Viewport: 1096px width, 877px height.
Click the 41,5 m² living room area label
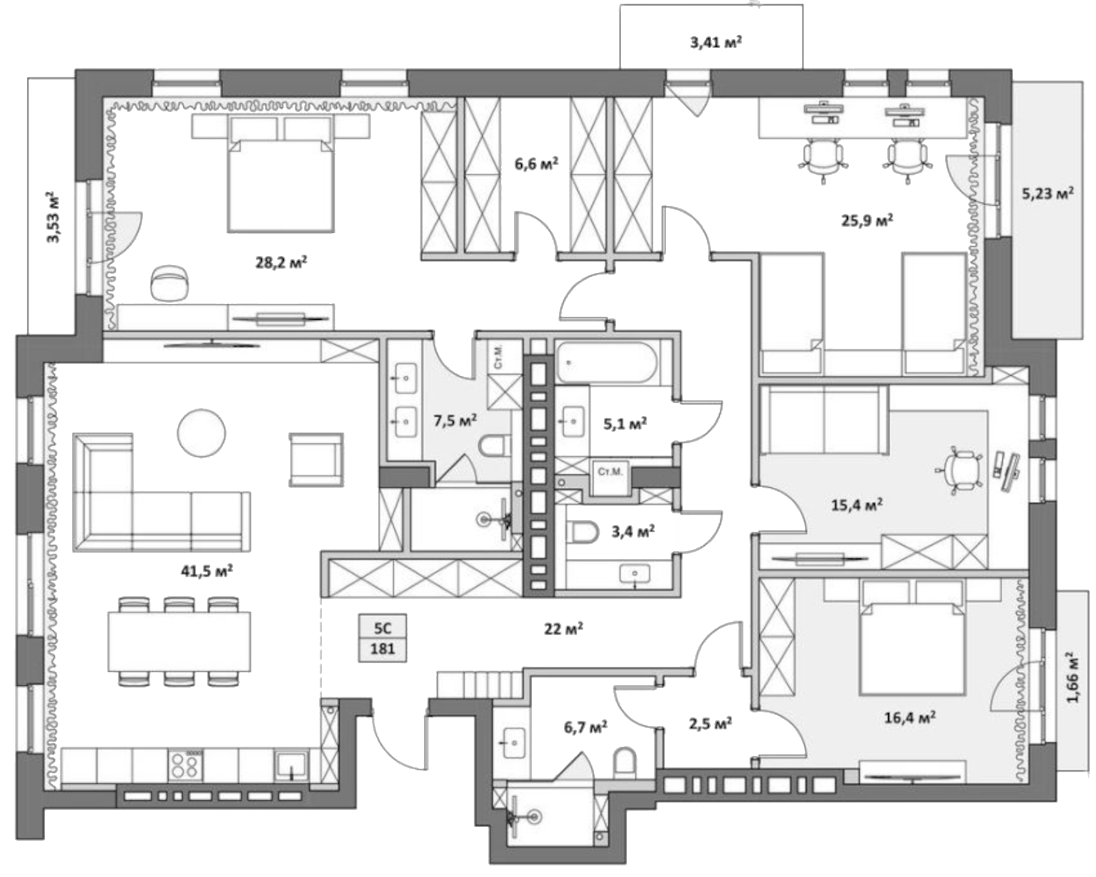(x=207, y=571)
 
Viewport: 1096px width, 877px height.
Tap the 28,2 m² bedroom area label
(x=281, y=262)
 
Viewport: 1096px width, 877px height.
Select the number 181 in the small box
(x=382, y=649)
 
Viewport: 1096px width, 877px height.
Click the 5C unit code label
(x=382, y=627)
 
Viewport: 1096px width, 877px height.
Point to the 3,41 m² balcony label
(x=715, y=42)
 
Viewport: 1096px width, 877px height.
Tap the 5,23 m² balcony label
(x=1047, y=194)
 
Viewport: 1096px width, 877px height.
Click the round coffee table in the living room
(x=201, y=432)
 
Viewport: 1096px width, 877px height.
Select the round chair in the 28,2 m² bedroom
(x=170, y=283)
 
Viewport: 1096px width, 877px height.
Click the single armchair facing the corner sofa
(x=315, y=460)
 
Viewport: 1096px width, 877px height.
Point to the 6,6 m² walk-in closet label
(x=536, y=164)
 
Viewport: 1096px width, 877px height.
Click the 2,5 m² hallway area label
(x=710, y=724)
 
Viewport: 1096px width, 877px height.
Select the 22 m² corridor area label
(x=564, y=629)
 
